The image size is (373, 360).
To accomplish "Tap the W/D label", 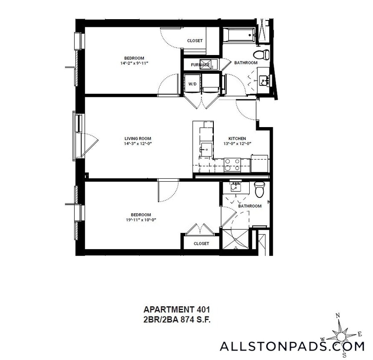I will [192, 84].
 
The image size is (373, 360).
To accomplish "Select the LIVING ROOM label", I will [137, 139].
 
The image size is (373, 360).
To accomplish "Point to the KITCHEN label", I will [237, 139].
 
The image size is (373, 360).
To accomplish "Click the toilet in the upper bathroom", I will [262, 55].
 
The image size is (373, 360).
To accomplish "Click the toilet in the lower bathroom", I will [259, 189].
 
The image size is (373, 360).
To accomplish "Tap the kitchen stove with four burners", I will [232, 165].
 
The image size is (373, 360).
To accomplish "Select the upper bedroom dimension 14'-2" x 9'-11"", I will [134, 63].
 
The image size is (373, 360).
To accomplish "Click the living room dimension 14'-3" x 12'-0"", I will [137, 144].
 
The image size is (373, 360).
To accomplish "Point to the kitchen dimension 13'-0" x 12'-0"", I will [237, 144].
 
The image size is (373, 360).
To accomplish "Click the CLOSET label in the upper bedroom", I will [195, 41].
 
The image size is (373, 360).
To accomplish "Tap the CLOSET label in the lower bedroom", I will [201, 244].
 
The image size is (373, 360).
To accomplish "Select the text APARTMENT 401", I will [176, 309].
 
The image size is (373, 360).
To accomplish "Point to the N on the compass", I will [338, 316].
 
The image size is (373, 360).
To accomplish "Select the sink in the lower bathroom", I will [236, 187].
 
